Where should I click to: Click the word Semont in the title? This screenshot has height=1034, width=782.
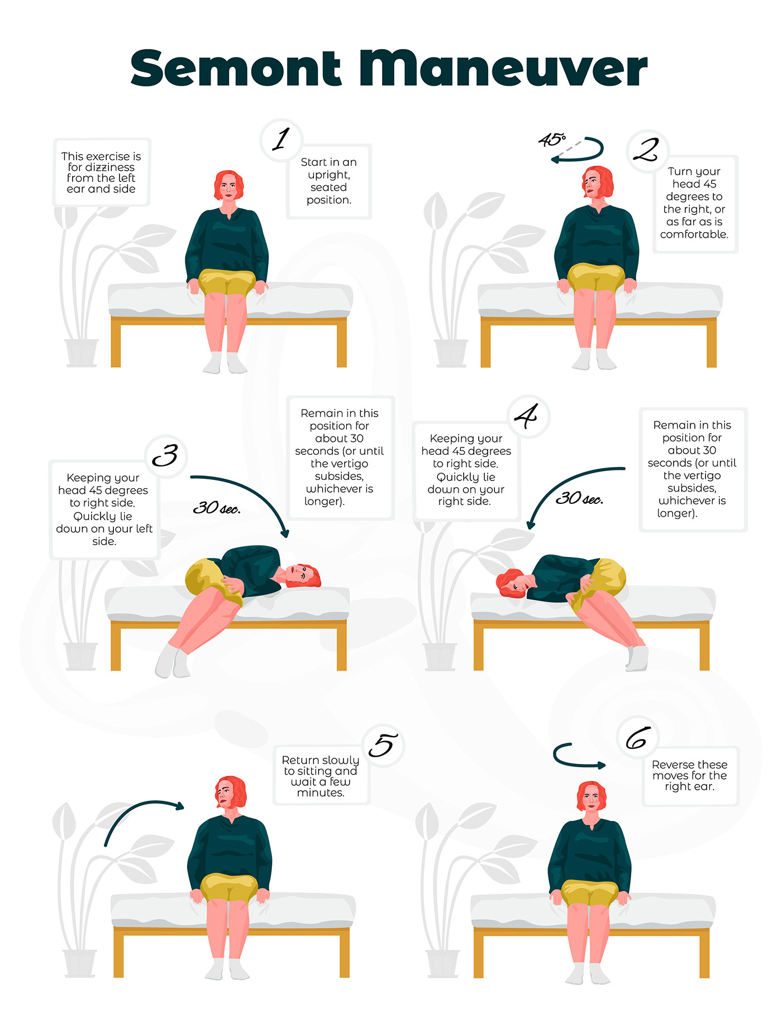point(236,69)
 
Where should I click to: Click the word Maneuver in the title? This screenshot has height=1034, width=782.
point(503,69)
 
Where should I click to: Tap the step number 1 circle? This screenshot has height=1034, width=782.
point(282,140)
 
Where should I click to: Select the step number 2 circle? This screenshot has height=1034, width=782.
point(647,150)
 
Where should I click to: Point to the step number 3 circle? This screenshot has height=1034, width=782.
point(166,456)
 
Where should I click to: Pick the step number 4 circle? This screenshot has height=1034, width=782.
point(528,416)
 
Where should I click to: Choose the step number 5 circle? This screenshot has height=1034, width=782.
point(383,745)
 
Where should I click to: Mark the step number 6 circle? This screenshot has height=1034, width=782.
point(638,737)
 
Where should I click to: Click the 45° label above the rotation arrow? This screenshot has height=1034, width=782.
point(552,140)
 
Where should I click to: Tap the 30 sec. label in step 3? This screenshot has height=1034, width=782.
point(217,508)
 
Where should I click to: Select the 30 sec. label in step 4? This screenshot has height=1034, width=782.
point(579,498)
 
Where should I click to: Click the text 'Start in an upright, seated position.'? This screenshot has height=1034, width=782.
point(329,181)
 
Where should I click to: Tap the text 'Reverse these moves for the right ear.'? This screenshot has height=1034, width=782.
point(690,776)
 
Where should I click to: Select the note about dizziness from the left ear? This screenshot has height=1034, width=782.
point(101,172)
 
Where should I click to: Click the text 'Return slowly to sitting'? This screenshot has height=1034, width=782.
point(321,766)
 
